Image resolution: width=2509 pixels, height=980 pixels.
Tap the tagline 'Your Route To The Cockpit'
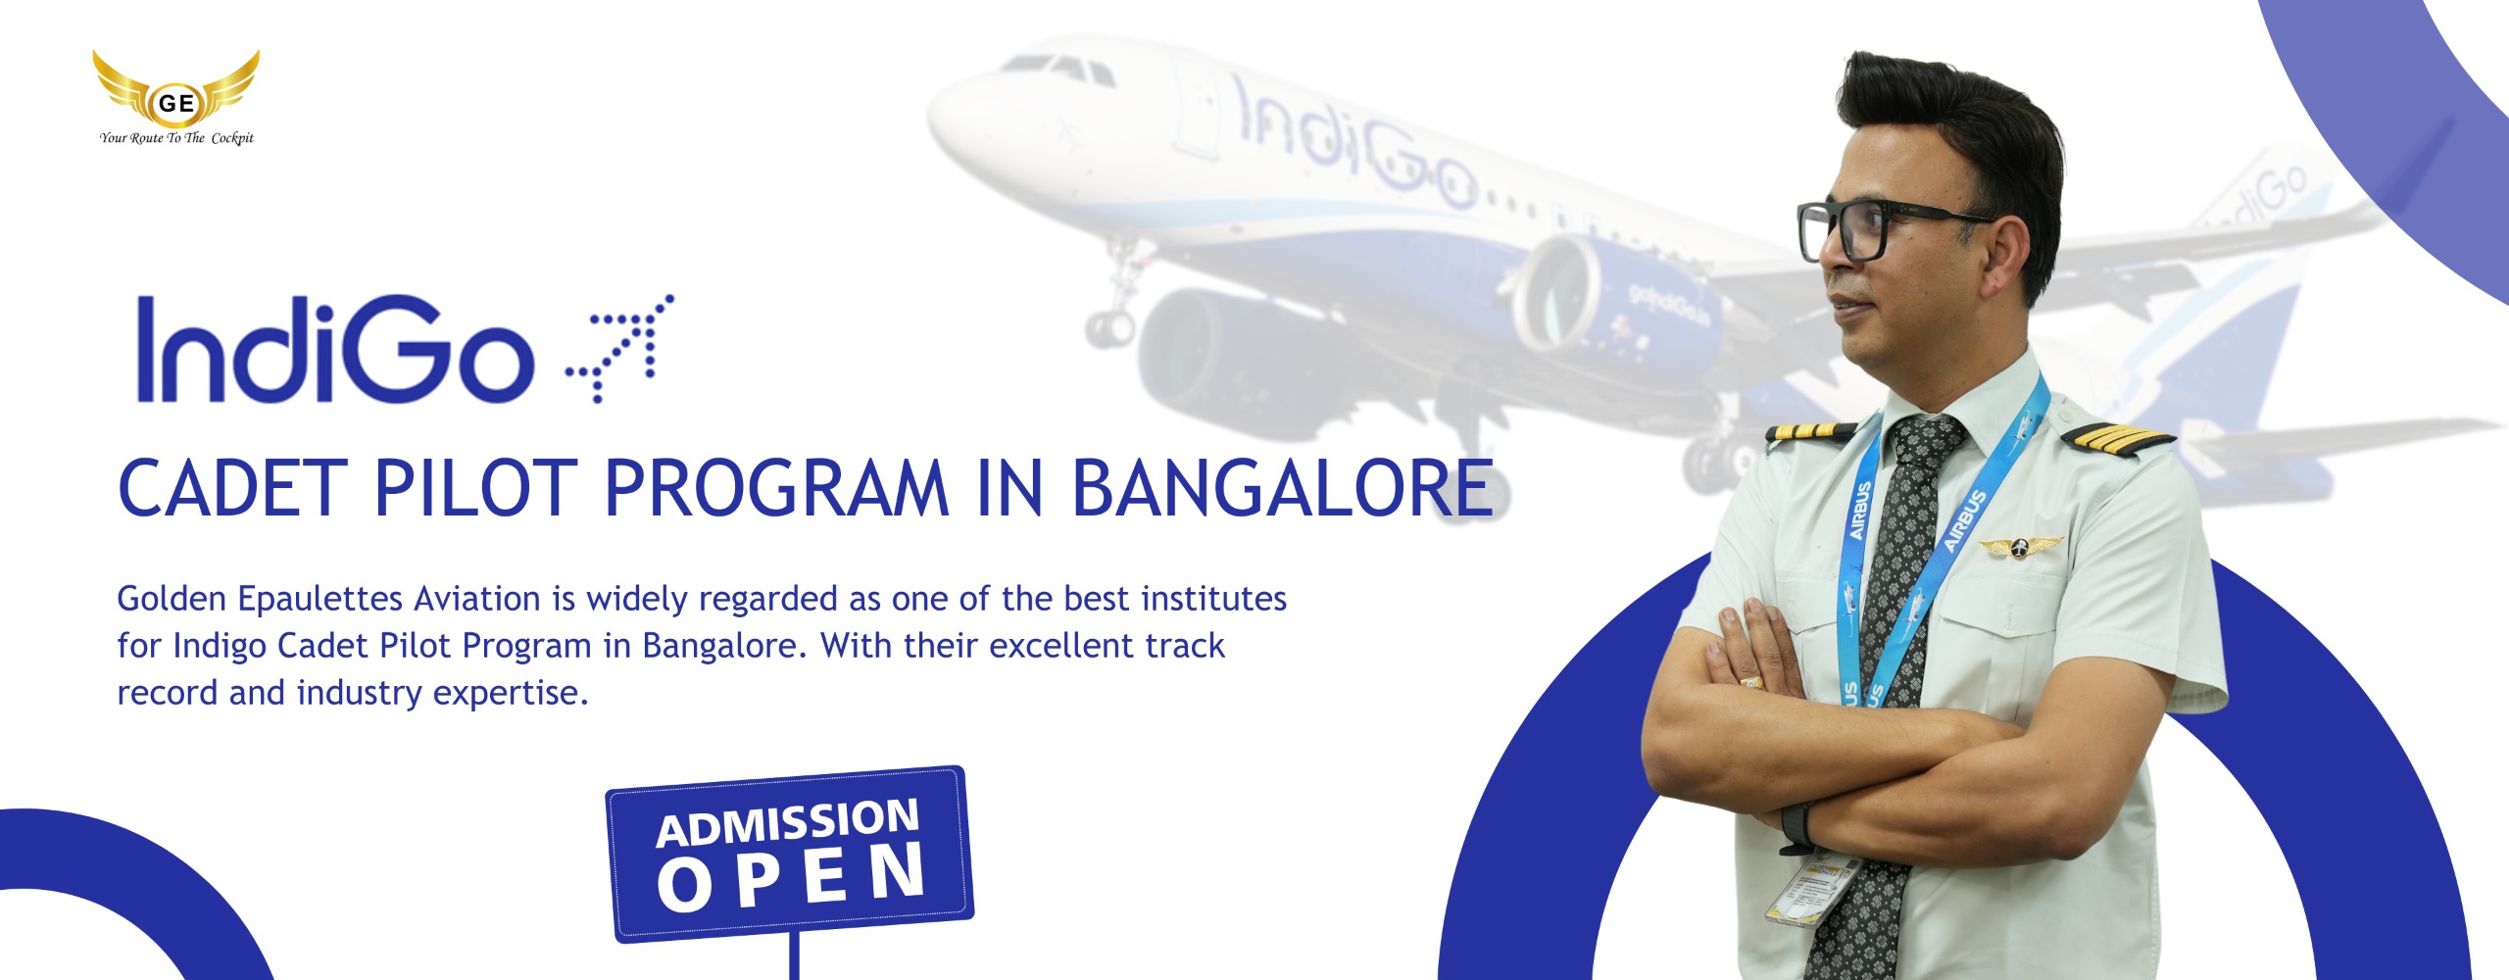[176, 138]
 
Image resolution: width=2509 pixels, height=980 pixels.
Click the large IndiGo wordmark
[334, 349]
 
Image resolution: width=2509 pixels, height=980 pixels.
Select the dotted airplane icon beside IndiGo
[619, 347]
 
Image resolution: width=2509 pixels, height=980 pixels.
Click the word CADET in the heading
[232, 488]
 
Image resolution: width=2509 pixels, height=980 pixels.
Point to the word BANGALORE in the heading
[1282, 488]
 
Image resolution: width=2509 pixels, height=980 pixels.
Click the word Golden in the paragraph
[172, 598]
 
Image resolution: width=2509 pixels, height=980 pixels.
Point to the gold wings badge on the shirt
[2020, 547]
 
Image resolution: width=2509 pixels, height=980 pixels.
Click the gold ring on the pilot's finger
[1749, 680]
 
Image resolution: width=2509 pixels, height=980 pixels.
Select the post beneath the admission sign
[794, 955]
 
